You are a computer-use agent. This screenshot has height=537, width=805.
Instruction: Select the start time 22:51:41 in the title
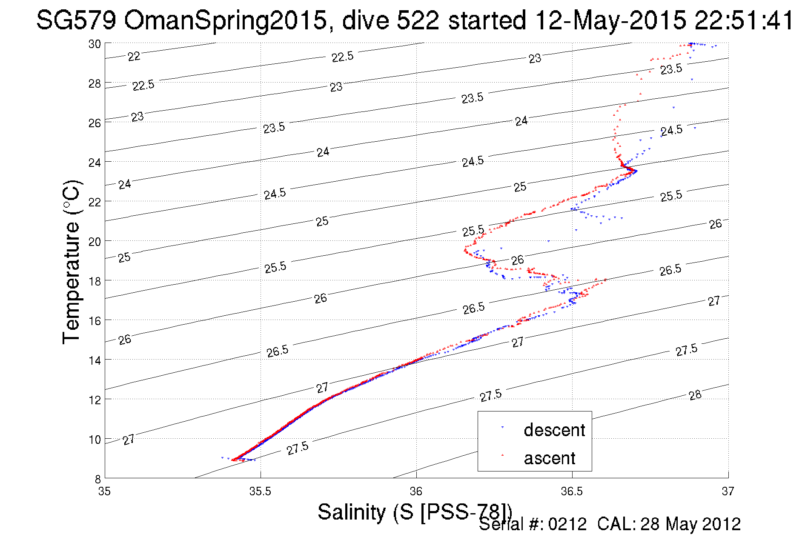pyautogui.click(x=744, y=20)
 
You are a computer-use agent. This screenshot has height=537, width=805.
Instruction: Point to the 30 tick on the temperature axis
pyautogui.click(x=95, y=44)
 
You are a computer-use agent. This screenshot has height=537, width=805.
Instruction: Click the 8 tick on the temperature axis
pyautogui.click(x=97, y=479)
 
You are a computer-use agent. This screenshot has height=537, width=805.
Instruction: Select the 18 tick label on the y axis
pyautogui.click(x=95, y=281)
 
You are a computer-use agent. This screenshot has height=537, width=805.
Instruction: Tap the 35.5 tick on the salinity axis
pyautogui.click(x=260, y=491)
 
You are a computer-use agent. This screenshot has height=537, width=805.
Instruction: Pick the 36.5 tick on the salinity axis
pyautogui.click(x=572, y=491)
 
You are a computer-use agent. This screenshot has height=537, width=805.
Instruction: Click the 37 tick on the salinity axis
pyautogui.click(x=728, y=491)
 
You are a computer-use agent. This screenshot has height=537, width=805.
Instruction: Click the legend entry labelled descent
pyautogui.click(x=554, y=430)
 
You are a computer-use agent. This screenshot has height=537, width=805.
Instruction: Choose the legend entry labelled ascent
pyautogui.click(x=549, y=458)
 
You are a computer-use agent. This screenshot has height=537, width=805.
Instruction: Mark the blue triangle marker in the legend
pyautogui.click(x=502, y=427)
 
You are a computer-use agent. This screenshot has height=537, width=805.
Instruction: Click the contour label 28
pyautogui.click(x=695, y=395)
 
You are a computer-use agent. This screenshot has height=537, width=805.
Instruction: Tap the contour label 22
pyautogui.click(x=134, y=56)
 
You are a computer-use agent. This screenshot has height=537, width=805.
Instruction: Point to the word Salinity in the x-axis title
pyautogui.click(x=352, y=512)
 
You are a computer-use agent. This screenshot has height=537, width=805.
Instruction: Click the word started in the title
pyautogui.click(x=487, y=20)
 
